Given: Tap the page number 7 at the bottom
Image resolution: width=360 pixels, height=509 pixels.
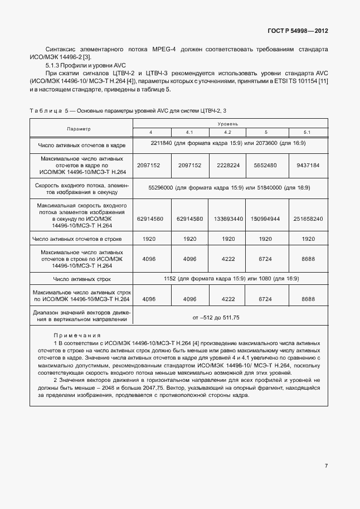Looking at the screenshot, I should (327, 467).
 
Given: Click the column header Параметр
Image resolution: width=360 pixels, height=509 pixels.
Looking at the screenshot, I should (79, 129).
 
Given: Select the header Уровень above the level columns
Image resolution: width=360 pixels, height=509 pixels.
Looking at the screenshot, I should (228, 123).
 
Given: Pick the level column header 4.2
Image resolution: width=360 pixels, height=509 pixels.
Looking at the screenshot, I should (227, 132).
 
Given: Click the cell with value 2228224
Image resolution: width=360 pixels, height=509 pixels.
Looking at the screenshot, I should (227, 166).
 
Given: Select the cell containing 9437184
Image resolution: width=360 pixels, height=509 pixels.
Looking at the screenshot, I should (308, 166).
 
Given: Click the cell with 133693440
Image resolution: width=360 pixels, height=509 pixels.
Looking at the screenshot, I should (227, 219).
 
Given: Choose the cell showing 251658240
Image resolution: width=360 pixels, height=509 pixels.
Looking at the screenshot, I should (308, 219).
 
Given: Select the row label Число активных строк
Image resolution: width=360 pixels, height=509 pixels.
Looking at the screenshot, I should (82, 279).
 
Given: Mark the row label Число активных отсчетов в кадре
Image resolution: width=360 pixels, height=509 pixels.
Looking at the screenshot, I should (82, 146).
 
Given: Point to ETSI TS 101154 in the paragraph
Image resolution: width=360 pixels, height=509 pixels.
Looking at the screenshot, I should (296, 81).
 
